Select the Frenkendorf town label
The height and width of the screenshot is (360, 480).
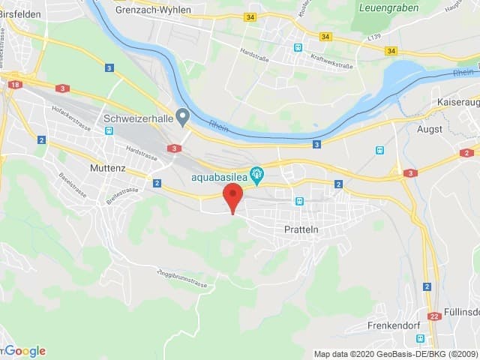pyautogui.click(x=395, y=325)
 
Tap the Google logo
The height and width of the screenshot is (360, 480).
pyautogui.click(x=25, y=351)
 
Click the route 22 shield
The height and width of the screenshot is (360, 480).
pyautogui.click(x=433, y=316)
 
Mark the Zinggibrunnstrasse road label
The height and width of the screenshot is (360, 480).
pyautogui.click(x=182, y=277)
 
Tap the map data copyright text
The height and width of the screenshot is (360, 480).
pyautogui.click(x=395, y=354)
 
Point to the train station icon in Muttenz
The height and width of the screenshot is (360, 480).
pyautogui.click(x=109, y=130)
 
